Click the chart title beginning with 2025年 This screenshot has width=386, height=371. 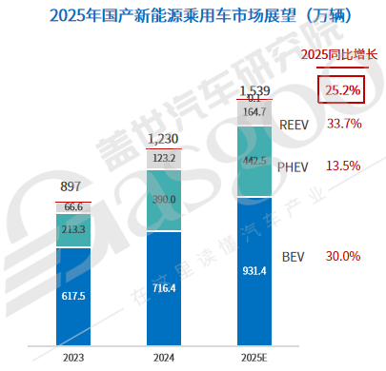pyautogui.click(x=192, y=16)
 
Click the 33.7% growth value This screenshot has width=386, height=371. pyautogui.click(x=343, y=124)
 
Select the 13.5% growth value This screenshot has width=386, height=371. pyautogui.click(x=343, y=166)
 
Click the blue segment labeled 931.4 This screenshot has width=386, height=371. pyautogui.click(x=253, y=270)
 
